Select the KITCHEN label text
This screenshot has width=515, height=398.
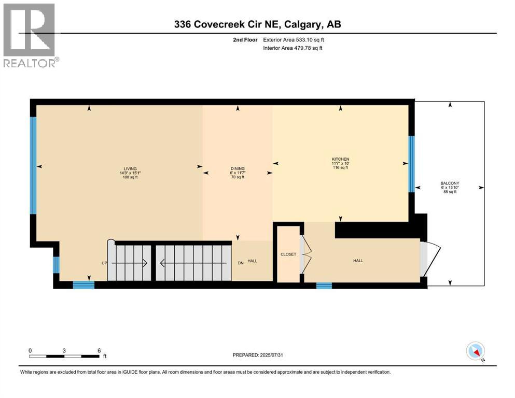(x=340, y=159)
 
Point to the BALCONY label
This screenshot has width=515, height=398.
(x=450, y=183)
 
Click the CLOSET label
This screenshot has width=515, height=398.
(x=288, y=255)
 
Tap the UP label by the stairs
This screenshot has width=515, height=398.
(x=104, y=263)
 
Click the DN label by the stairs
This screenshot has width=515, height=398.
(x=241, y=263)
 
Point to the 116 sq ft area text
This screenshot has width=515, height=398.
(x=340, y=168)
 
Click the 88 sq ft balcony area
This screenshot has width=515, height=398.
(x=450, y=192)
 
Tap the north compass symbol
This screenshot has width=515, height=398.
(x=475, y=351)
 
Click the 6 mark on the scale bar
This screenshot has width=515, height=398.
(x=99, y=350)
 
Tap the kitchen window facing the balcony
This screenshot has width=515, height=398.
(x=411, y=164)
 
